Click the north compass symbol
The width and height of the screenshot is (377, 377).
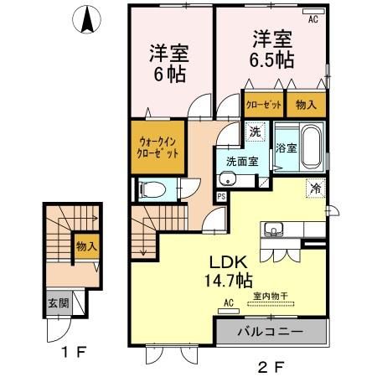point(85,20)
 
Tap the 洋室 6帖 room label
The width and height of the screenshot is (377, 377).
point(168,62)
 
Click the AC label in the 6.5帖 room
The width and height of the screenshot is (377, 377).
point(312,18)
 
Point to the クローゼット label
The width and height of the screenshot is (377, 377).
point(263,106)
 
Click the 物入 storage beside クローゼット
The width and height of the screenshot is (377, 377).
point(306,106)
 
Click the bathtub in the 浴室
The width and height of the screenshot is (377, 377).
point(310,148)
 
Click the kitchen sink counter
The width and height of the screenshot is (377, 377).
point(276,230)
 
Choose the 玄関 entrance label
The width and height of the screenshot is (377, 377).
point(53,303)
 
